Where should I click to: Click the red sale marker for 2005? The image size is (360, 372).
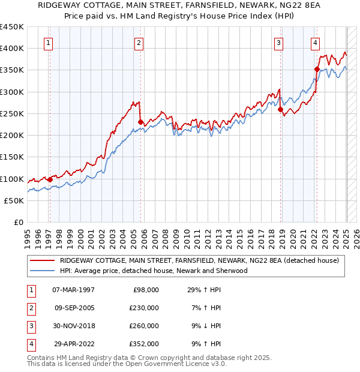[x=140, y=122]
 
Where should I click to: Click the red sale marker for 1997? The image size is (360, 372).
[x=50, y=179]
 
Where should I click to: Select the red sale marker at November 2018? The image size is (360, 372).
[x=280, y=109]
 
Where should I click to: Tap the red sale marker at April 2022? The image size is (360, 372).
[x=316, y=69]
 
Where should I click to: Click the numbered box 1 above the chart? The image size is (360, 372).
[x=47, y=42]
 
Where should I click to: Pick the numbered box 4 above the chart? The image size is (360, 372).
[x=315, y=42]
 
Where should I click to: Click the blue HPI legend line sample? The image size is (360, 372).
[x=43, y=271]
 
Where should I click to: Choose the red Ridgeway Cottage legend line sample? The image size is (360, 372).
[x=43, y=260]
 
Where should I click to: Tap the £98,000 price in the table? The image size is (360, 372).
[x=146, y=289]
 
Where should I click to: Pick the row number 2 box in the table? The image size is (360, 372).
[x=29, y=308]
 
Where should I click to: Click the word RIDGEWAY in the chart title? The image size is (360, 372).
[x=61, y=5]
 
